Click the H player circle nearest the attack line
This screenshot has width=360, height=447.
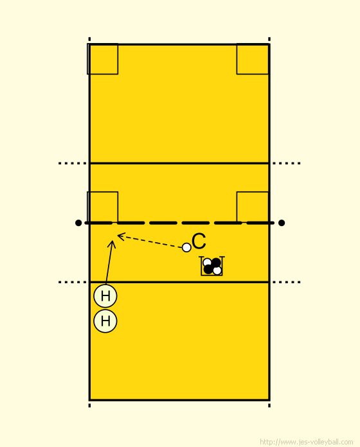[105, 296]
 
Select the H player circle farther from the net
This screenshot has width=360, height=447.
[105, 321]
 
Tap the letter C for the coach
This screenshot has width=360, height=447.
[199, 241]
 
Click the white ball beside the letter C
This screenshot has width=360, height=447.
[186, 247]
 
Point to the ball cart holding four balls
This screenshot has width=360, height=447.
[212, 266]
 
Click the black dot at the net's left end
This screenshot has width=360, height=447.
[78, 223]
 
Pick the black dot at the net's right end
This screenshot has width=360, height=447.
[282, 223]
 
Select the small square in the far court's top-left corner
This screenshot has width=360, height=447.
[102, 59]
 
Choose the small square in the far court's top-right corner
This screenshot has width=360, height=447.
[253, 59]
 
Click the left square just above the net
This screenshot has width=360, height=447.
[102, 207]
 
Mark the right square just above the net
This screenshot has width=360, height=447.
[253, 207]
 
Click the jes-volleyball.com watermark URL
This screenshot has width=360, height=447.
[307, 442]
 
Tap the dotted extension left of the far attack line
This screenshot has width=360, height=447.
[73, 163]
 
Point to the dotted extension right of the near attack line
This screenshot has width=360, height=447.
[287, 282]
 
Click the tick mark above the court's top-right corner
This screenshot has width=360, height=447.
[269, 39]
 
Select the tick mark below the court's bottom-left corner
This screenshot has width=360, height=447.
[89, 405]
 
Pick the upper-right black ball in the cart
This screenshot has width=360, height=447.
[216, 263]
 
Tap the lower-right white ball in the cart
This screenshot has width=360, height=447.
[217, 270]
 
